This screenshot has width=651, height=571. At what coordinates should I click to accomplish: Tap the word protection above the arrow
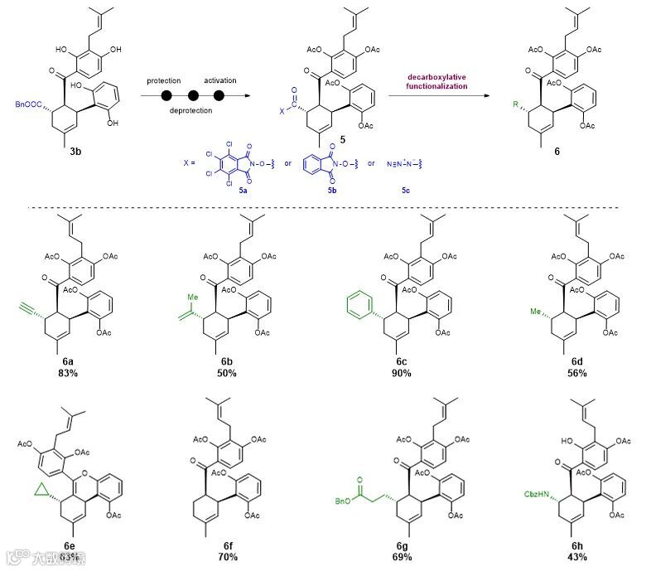164,80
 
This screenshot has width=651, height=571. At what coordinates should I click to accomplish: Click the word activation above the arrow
219,80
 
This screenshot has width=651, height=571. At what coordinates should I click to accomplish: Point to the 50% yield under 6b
228,374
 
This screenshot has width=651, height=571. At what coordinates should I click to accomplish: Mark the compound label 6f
225,543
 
